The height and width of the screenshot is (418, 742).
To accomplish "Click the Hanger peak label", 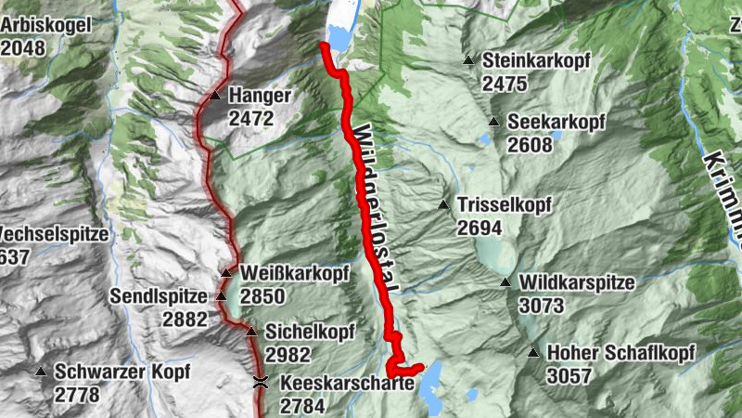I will point(261,96).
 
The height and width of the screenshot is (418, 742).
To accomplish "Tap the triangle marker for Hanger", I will point(215,96).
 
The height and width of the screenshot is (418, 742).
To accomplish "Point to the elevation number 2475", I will point(505,84).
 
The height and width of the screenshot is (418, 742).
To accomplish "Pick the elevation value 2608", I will point(530,145).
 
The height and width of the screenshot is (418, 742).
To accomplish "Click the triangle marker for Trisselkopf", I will point(444,204).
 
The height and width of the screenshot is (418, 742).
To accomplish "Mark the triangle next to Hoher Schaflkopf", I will point(533,352).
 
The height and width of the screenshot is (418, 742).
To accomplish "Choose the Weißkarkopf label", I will point(281,274).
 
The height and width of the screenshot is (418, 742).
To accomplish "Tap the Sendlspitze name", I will point(158,297).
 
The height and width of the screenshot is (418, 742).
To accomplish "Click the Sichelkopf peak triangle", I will point(251,331).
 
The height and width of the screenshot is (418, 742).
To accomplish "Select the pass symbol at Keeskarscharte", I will point(262,382).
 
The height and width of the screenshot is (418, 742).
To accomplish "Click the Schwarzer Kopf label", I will point(122,372).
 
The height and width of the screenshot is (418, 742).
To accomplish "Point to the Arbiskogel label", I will point(46,25).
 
